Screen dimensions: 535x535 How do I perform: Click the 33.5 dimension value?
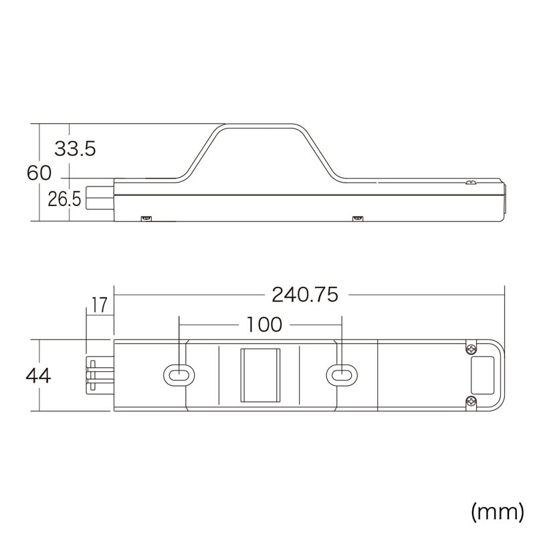pyautogui.click(x=75, y=148)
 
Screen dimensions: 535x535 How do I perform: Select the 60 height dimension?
pyautogui.click(x=39, y=173)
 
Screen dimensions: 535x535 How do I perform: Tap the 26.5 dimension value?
pyautogui.click(x=64, y=199)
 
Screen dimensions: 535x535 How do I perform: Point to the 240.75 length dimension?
pyautogui.click(x=305, y=294)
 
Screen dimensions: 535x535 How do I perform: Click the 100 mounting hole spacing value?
pyautogui.click(x=264, y=325)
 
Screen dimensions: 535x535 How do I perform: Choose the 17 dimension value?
pyautogui.click(x=99, y=306)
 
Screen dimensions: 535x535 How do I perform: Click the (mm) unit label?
pyautogui.click(x=497, y=512)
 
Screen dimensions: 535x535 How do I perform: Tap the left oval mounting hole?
pyautogui.click(x=177, y=376)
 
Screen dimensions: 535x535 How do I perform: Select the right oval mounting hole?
pyautogui.click(x=340, y=376)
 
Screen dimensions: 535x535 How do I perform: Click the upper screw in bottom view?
pyautogui.click(x=472, y=349)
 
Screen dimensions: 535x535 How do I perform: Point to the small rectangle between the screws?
pyautogui.click(x=483, y=375)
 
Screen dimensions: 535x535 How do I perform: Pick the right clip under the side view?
pyautogui.click(x=357, y=218)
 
